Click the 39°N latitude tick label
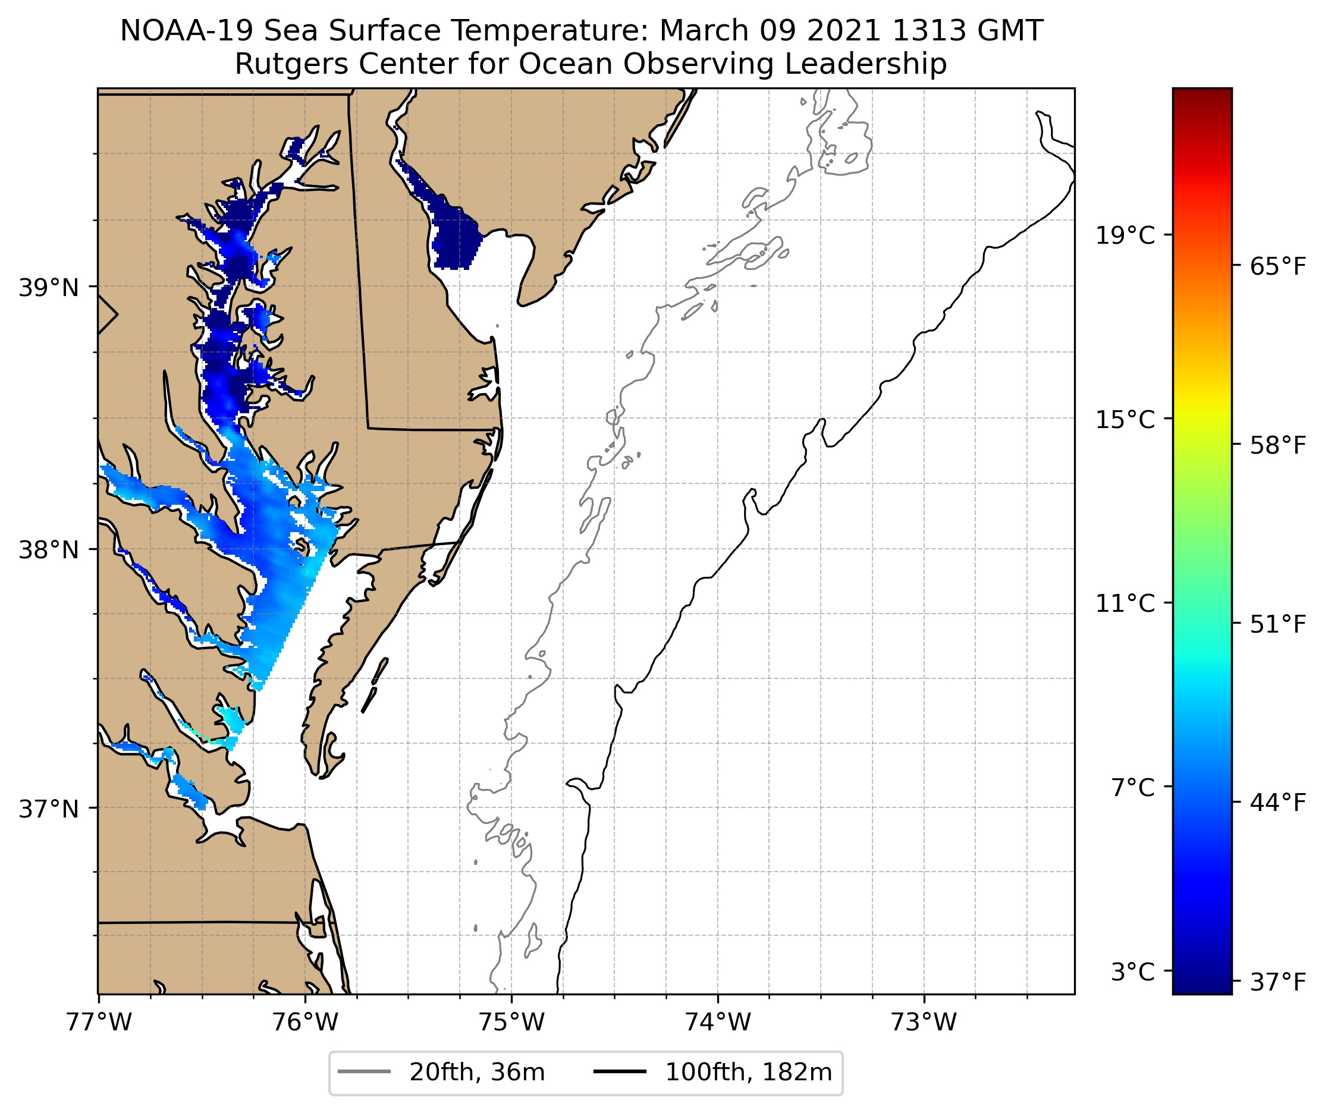click(x=49, y=288)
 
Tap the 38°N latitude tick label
click(x=49, y=550)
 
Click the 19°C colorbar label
click(x=1125, y=236)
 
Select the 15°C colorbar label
click(x=1125, y=420)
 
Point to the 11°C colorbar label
click(x=1125, y=604)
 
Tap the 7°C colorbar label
click(x=1132, y=788)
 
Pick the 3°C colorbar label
click(x=1132, y=972)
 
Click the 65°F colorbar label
click(x=1277, y=267)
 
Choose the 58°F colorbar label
click(x=1277, y=446)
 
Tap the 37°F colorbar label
click(x=1277, y=982)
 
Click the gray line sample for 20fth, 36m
click(x=364, y=1072)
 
